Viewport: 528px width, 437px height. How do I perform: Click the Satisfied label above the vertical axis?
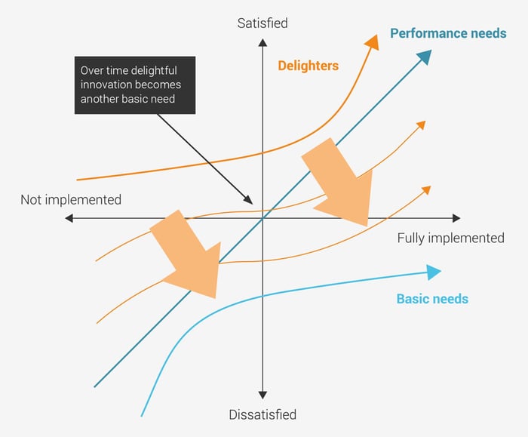tap(262, 23)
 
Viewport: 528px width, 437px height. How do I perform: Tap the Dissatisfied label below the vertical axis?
tap(262, 414)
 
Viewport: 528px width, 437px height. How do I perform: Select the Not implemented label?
tap(70, 200)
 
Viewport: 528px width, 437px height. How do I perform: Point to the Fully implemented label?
tap(450, 238)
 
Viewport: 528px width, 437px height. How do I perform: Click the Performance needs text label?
tap(448, 33)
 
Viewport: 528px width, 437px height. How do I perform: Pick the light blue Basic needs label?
tap(432, 299)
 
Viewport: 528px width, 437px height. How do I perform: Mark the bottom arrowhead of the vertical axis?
tap(262, 395)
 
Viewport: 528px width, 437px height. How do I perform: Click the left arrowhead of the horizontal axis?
tap(69, 218)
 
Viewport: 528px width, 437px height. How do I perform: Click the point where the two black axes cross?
tap(262, 218)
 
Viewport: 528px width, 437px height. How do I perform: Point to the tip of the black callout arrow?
tap(252, 202)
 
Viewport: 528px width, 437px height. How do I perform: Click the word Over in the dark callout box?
tap(93, 70)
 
